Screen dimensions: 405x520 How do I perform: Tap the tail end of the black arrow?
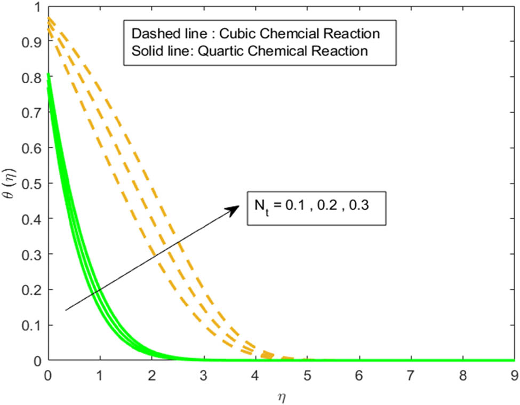click(x=66, y=309)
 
